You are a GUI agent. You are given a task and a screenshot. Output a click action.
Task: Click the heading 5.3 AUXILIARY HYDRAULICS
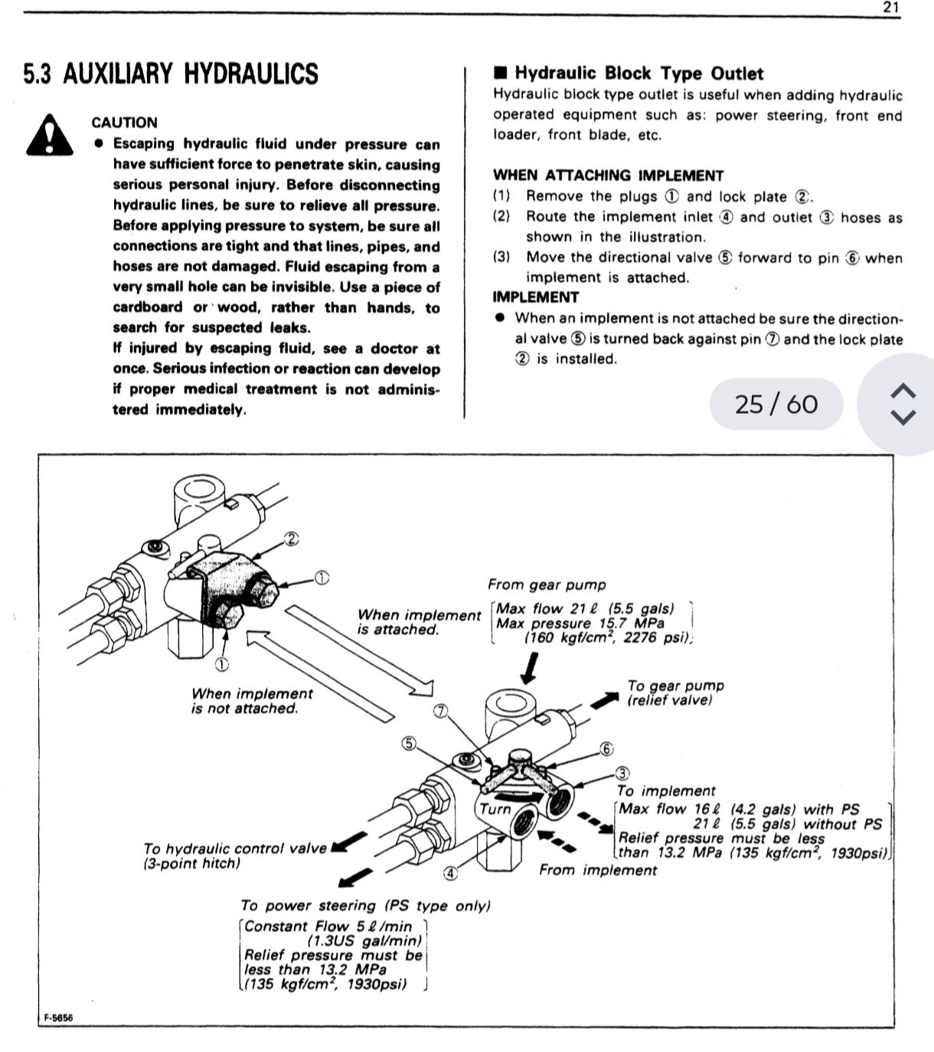point(171,74)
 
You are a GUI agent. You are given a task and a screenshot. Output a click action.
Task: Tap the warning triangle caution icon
point(49,136)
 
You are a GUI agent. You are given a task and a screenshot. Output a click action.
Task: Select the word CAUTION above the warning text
point(124,123)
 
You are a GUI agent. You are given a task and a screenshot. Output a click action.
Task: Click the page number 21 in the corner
point(891,8)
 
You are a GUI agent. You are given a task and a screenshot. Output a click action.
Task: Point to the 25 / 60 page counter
point(776,404)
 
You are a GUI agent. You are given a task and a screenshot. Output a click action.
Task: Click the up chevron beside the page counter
point(904,390)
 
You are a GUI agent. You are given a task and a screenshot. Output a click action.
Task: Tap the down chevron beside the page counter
point(904,418)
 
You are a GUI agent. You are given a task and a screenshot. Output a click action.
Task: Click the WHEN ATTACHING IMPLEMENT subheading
point(608,175)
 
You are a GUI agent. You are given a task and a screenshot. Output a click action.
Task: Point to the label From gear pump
point(547,585)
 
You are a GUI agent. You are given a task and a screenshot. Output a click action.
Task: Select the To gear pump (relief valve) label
point(675,693)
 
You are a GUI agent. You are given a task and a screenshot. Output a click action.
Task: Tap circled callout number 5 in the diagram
point(410,743)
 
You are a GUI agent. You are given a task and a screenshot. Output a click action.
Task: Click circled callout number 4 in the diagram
point(451,873)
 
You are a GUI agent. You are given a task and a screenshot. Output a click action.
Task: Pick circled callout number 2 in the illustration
point(291,538)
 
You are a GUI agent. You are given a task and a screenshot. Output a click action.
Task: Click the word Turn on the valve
point(495,809)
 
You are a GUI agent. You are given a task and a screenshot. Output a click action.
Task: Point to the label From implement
point(598,870)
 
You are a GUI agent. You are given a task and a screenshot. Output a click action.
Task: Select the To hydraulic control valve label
point(234,856)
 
